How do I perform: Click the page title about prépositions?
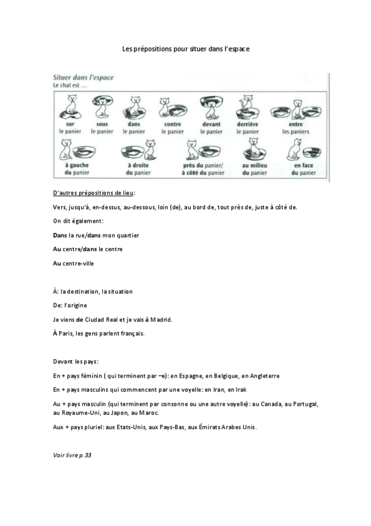(185, 48)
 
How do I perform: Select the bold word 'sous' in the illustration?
(102, 123)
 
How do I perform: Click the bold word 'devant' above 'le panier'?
(211, 123)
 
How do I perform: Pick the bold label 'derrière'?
(248, 123)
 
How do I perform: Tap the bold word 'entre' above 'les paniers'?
(295, 123)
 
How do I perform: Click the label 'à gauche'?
(74, 166)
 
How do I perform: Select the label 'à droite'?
(139, 166)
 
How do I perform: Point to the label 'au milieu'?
(254, 166)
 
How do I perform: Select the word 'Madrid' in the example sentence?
(160, 319)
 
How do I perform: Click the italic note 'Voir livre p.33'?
(72, 455)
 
